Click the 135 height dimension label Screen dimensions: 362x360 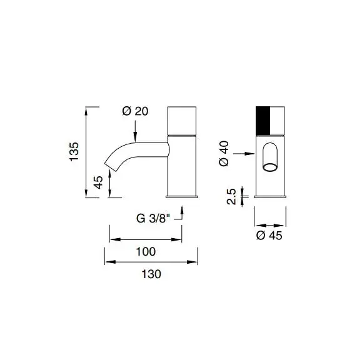click(74, 152)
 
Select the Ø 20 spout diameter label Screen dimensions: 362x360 click(135, 111)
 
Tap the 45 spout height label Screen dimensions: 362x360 click(98, 182)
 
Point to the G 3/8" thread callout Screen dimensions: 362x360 click(153, 218)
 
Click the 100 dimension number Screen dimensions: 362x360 click(146, 251)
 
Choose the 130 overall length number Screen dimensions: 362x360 click(151, 274)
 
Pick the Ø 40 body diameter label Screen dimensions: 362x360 click(224, 154)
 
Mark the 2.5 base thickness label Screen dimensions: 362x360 click(231, 197)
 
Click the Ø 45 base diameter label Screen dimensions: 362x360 click(269, 236)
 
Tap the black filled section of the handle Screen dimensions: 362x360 click(263, 121)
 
